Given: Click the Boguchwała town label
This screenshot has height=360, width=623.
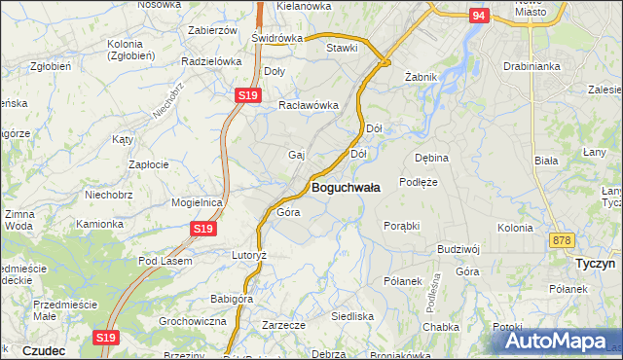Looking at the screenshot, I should click(346, 186).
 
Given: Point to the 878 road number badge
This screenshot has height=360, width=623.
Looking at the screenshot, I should click(561, 239).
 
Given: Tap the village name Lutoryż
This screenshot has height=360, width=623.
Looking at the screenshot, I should click(248, 254).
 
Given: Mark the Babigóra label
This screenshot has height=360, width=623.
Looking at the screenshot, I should click(232, 299).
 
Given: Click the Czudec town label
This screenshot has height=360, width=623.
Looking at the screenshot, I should click(44, 349).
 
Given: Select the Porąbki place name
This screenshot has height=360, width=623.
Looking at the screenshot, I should click(401, 225).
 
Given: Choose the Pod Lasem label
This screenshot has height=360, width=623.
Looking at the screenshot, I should click(165, 261).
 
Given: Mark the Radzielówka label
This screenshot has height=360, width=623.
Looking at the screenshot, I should click(211, 60).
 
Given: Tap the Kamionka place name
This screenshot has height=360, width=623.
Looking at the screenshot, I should click(100, 224).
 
